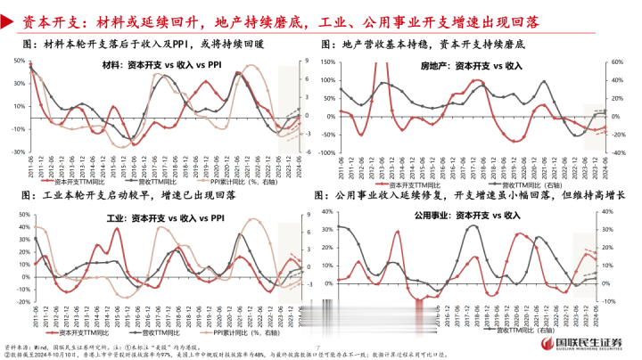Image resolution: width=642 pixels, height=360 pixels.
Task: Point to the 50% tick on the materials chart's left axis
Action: click(17, 61)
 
